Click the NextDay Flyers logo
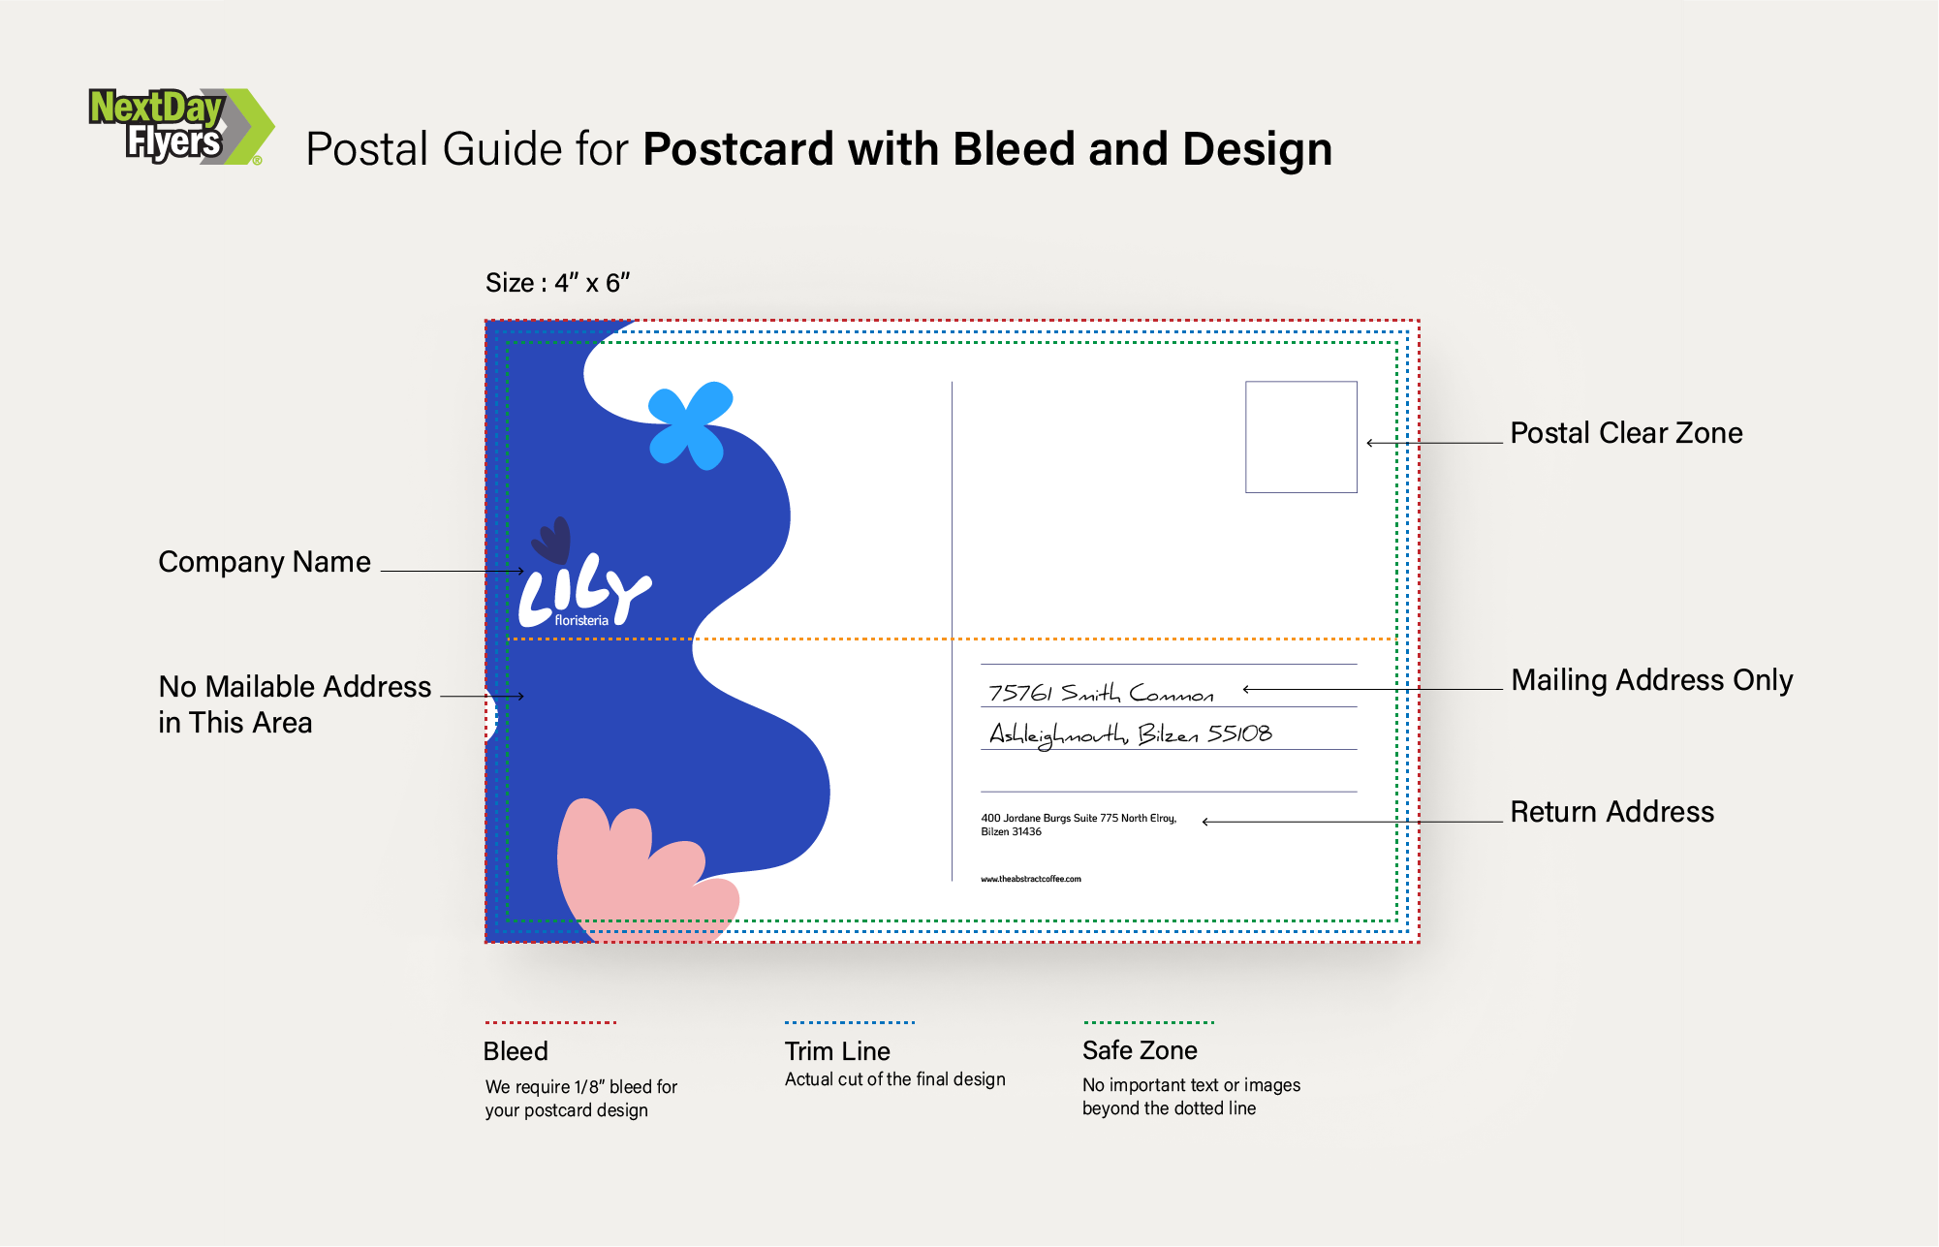point(180,126)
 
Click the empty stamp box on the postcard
point(1300,437)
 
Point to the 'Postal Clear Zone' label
point(1626,433)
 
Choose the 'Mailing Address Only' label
point(1651,680)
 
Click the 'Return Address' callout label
point(1611,812)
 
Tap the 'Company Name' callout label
point(265,562)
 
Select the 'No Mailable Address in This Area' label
point(294,704)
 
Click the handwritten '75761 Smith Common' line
point(1100,693)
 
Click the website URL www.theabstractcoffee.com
point(1030,879)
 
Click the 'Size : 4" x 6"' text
point(557,283)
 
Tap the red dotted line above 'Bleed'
point(550,1022)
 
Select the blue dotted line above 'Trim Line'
point(849,1022)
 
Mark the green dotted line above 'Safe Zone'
point(1148,1022)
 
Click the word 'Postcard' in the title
point(736,149)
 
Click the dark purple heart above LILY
point(552,540)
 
